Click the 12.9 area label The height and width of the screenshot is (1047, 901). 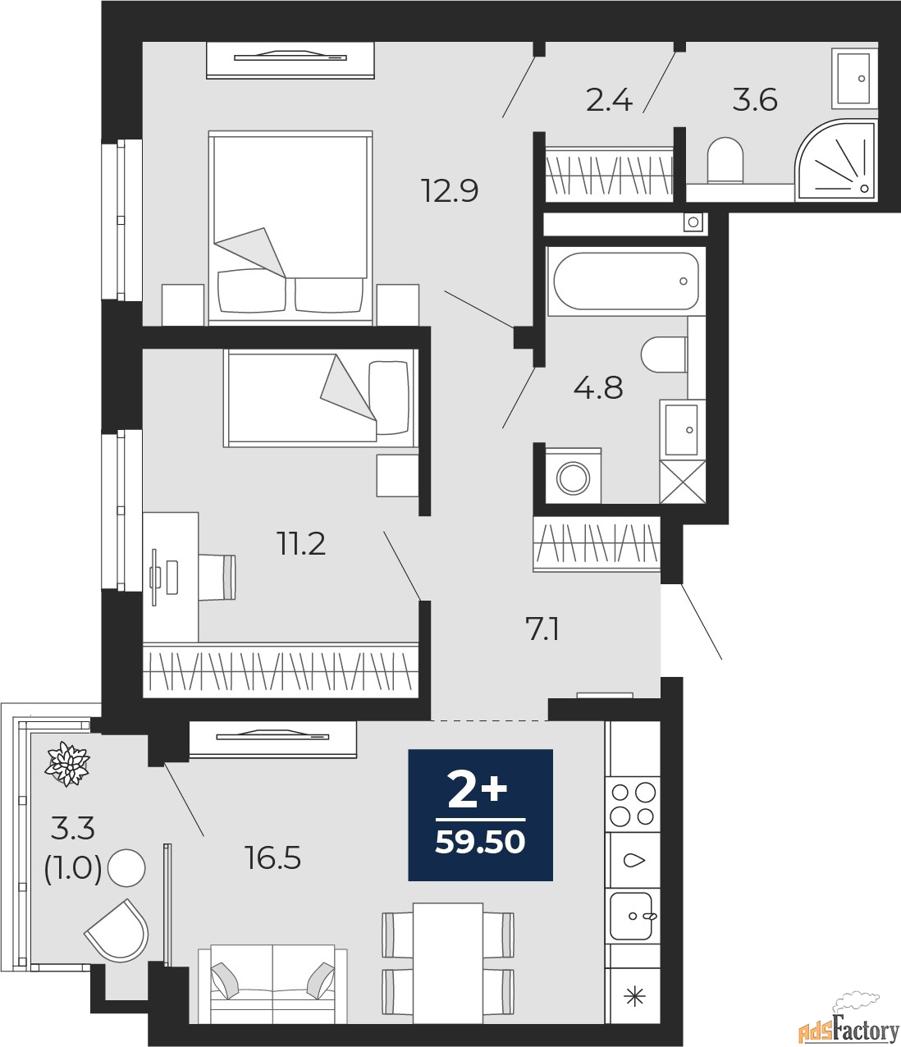click(x=450, y=191)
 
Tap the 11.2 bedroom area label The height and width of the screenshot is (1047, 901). click(x=301, y=544)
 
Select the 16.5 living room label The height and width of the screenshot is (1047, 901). click(x=272, y=857)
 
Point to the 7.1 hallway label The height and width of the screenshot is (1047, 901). click(x=542, y=630)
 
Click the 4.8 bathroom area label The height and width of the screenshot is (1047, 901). click(x=598, y=388)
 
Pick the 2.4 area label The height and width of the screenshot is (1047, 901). click(x=609, y=100)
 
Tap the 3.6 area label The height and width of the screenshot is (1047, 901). click(x=755, y=100)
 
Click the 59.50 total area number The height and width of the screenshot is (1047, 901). click(x=480, y=843)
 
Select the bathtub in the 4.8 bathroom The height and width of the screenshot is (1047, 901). click(x=626, y=281)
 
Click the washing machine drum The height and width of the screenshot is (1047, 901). click(x=573, y=478)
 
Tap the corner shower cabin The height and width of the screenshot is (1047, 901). click(x=835, y=160)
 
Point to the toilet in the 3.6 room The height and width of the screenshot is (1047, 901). click(x=725, y=160)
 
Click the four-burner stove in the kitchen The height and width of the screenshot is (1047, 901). click(x=633, y=804)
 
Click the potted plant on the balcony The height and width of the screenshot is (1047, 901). click(x=67, y=763)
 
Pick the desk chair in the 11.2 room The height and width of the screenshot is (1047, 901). click(x=217, y=578)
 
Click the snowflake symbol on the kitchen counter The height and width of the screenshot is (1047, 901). click(x=634, y=997)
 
